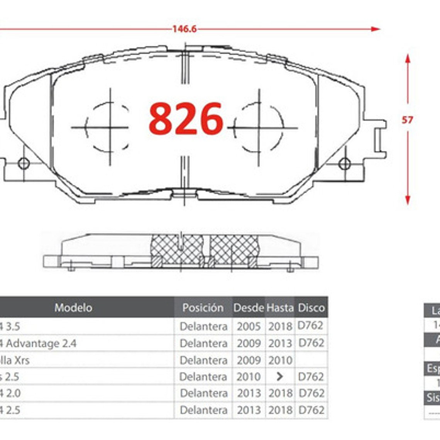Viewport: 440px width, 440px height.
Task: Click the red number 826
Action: tap(186, 118)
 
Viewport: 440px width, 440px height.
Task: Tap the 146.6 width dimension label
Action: tap(184, 29)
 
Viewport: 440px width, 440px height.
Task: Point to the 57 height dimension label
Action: tap(407, 120)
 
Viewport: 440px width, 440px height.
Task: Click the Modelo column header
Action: tap(73, 308)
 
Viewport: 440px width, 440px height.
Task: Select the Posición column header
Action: tap(203, 308)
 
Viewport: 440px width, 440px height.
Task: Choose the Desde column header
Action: tap(249, 308)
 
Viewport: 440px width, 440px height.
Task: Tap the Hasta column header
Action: tap(280, 308)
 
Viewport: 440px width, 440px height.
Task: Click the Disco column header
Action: tap(311, 308)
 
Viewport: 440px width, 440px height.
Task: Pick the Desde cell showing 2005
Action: tap(249, 326)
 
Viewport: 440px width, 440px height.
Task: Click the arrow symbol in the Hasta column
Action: tap(280, 376)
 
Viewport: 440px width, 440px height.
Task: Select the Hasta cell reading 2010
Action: tap(280, 360)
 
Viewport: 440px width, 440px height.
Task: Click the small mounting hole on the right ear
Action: tap(344, 164)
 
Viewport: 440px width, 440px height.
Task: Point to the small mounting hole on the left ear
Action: tap(24, 164)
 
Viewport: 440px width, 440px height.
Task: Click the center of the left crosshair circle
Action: tap(110, 127)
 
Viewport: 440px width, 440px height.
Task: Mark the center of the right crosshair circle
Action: tap(259, 127)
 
